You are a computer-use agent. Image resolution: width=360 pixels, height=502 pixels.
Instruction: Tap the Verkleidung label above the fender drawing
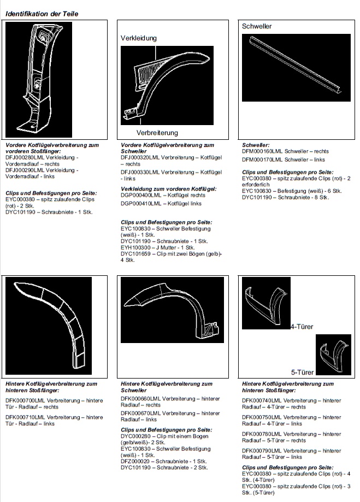[x=139, y=38]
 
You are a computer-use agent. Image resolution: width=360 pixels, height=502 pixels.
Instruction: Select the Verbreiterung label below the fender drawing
[x=157, y=133]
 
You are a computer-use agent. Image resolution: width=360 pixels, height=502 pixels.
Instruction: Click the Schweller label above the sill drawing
[x=257, y=26]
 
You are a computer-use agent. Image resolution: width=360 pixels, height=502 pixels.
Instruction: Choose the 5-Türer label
[x=302, y=372]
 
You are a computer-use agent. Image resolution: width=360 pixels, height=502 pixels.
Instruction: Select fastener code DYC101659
[x=136, y=254]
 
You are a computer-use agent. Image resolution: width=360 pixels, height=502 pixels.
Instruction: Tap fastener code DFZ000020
[x=136, y=462]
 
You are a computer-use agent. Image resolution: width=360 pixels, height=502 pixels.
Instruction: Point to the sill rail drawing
[x=296, y=66]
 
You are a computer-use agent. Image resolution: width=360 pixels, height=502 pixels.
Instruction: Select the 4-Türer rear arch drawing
[x=267, y=303]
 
